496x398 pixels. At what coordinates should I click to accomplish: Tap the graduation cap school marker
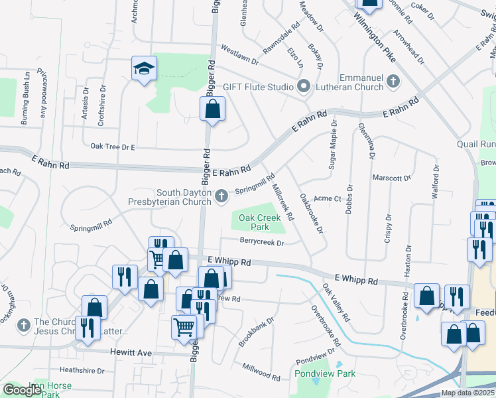click(144, 68)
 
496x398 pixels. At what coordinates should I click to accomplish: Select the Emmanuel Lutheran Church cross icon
click(393, 82)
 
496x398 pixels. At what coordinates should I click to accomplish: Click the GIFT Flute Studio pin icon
click(304, 86)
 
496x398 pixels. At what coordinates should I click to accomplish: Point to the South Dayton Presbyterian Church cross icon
click(222, 195)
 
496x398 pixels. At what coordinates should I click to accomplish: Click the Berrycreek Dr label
click(261, 243)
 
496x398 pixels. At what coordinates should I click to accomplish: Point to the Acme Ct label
click(327, 198)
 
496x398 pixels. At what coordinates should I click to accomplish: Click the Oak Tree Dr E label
click(113, 147)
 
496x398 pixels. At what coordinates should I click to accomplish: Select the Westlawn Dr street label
click(239, 55)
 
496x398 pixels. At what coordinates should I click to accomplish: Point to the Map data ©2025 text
click(467, 393)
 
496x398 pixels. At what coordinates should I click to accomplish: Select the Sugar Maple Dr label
click(332, 145)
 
